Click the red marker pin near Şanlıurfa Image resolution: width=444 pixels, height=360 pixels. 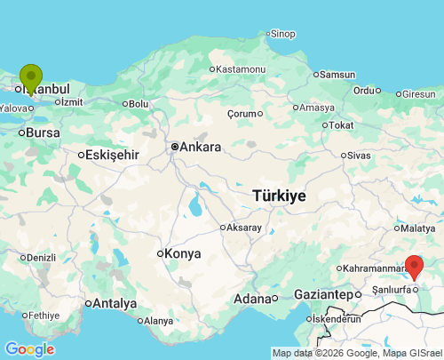coord(414,266)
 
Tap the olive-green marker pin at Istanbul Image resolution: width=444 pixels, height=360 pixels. coord(31,77)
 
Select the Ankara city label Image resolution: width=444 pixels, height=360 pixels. coord(200,146)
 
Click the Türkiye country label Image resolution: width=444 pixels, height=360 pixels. coord(279,196)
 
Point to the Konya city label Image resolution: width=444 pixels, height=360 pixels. coord(183,253)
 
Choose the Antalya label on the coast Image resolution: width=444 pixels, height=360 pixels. coord(115,303)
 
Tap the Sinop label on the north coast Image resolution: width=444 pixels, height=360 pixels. coord(282,34)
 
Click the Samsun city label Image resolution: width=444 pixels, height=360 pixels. coord(337,75)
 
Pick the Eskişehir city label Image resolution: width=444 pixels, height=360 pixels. coord(113,155)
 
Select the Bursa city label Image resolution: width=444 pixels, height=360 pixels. coord(43,132)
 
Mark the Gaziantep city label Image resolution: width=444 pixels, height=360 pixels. coord(323,294)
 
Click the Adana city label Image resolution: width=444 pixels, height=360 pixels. coord(251,299)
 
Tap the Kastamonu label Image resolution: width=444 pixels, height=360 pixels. coord(241,68)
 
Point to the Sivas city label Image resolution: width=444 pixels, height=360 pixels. coord(359,155)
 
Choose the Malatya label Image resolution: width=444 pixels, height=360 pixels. coord(417,228)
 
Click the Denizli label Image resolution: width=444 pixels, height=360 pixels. coord(41,258)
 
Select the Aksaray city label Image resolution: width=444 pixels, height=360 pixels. coord(244,228)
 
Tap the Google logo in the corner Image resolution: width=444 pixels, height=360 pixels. coord(29,349)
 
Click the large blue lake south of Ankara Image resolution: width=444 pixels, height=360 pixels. coord(194,206)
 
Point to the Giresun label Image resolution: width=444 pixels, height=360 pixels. coord(418,93)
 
